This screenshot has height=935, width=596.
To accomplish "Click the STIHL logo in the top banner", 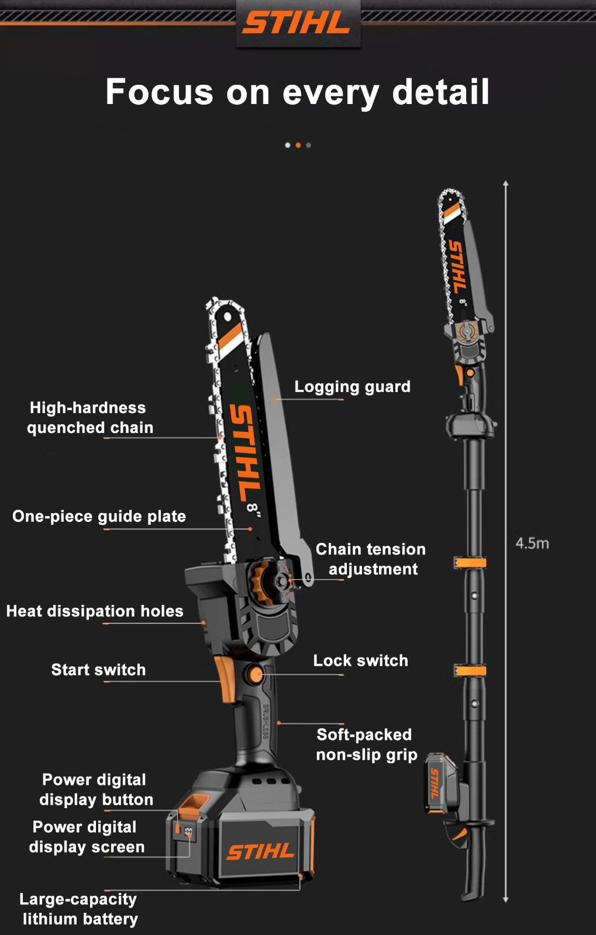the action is click(x=296, y=23).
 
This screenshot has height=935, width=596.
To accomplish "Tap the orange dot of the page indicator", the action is click(x=298, y=146).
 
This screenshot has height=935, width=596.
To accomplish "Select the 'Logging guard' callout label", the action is click(x=353, y=386).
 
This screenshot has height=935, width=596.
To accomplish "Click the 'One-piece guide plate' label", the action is click(x=99, y=517).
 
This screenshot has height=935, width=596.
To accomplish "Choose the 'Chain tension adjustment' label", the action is click(x=371, y=559).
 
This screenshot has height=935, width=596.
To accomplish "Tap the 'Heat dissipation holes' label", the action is click(x=95, y=611).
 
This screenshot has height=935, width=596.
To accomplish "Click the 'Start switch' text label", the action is click(x=99, y=670).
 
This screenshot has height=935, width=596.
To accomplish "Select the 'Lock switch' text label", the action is click(x=361, y=660).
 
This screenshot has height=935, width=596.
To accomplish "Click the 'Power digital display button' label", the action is click(x=96, y=789).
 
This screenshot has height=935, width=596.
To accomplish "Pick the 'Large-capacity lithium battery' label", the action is click(x=78, y=909).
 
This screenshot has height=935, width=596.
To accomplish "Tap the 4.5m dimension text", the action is click(x=532, y=543).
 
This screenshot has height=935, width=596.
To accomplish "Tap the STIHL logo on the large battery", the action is click(x=260, y=851).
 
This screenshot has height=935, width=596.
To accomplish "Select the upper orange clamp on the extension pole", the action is click(x=470, y=563).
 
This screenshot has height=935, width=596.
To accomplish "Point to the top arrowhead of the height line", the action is click(x=506, y=183).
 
